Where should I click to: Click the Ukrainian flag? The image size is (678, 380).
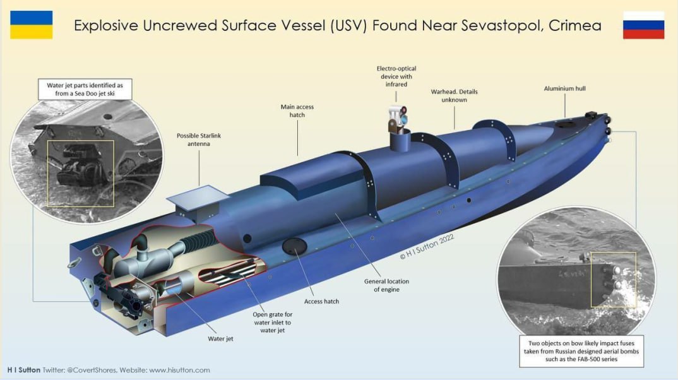coord(31,25)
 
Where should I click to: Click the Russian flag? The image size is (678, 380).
coord(643,25)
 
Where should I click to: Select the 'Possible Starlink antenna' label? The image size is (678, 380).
coord(199,140)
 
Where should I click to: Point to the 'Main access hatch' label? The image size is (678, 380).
coord(297,110)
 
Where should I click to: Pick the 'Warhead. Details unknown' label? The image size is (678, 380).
coord(454,95)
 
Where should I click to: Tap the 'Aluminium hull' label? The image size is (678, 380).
coord(564,88)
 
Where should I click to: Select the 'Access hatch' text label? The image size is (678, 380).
coord(321,301)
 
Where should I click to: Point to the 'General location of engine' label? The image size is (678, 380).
coord(386,285)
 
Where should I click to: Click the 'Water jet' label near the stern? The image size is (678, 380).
coord(220,339)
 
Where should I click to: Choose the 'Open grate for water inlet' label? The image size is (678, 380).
coord(272,322)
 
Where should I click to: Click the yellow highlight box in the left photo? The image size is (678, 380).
coord(81,174)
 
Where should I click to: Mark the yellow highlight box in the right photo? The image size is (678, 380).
coord(613,280)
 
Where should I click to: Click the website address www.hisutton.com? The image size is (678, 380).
coord(179,370)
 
